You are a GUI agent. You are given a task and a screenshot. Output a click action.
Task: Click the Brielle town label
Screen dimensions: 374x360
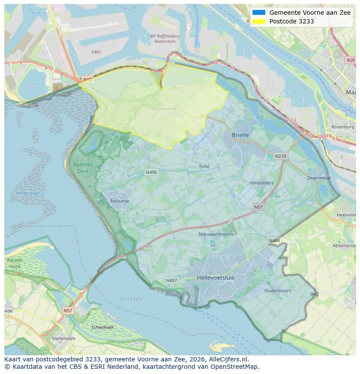[240, 135]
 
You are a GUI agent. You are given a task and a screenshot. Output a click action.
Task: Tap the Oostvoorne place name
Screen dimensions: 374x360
[164, 109]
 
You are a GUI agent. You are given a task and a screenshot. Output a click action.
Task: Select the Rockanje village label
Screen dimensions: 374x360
[120, 201]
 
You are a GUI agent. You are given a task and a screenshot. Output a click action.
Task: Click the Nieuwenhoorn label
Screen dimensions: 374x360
[216, 234]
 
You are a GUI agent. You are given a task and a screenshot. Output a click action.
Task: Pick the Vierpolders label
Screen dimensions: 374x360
[261, 183]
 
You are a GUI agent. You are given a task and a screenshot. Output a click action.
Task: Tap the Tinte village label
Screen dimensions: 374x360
[204, 166]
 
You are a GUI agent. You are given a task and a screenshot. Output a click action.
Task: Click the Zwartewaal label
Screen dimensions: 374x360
[319, 178]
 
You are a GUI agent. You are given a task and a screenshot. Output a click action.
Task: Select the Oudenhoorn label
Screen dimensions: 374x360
[278, 291]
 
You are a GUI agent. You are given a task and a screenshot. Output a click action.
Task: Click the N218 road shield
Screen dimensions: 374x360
[280, 156]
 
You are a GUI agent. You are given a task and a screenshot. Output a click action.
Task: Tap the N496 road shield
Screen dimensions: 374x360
[151, 172]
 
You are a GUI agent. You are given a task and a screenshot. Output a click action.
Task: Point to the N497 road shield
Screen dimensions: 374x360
[171, 281]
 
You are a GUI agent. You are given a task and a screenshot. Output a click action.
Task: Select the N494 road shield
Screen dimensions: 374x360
[274, 241]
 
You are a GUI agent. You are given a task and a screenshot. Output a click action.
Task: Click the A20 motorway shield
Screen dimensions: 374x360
[350, 60]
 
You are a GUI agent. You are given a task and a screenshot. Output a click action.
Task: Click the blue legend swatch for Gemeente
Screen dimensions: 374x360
[259, 13]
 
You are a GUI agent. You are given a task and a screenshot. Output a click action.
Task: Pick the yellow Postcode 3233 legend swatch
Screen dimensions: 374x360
[259, 21]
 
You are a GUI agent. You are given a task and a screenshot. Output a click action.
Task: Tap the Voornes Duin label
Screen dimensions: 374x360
[83, 168]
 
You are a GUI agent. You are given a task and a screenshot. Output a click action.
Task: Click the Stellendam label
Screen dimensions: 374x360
[63, 338]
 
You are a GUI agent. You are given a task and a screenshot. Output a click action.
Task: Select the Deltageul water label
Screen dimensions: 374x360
[131, 298]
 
